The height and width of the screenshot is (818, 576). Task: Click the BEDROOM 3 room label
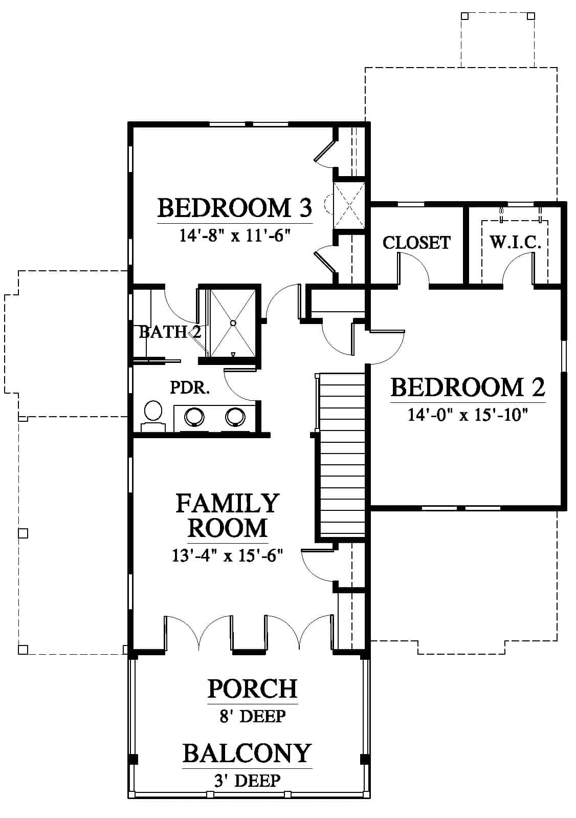click(235, 208)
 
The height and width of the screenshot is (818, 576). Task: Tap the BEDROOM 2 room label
click(468, 388)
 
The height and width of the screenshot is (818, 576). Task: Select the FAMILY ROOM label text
click(228, 515)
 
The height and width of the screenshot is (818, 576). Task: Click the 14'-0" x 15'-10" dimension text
click(468, 415)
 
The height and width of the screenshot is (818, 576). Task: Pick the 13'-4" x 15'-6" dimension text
click(228, 556)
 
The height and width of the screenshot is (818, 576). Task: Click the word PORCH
click(253, 688)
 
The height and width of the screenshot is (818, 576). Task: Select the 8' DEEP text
click(253, 716)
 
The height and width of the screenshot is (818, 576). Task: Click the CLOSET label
click(416, 243)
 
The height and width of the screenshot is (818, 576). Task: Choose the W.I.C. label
click(515, 242)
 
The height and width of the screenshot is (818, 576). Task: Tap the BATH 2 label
click(170, 332)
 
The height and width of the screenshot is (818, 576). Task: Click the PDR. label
click(190, 388)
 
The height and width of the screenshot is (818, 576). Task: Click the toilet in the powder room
click(153, 416)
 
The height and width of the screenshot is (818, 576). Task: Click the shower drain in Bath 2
click(233, 323)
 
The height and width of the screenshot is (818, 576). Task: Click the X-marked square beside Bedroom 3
click(349, 206)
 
